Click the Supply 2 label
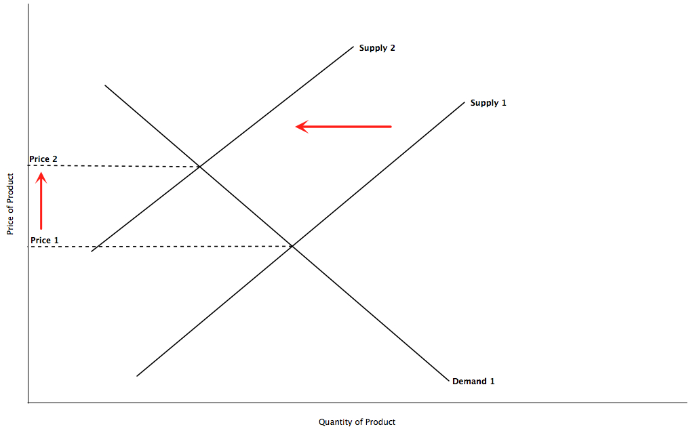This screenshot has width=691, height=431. pos(377,48)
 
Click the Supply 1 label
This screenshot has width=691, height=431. pos(488,104)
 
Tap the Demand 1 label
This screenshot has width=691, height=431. pos(473,382)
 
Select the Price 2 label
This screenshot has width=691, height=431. pos(43,159)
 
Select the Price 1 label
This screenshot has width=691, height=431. pos(45,241)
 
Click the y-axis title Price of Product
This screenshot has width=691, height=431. pos(10,204)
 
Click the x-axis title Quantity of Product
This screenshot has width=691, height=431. pos(357,422)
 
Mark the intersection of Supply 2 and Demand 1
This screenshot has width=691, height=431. pos(199,167)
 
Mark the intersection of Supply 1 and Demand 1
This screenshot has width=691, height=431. pos(292,246)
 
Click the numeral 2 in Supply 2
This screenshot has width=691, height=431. pos(392,48)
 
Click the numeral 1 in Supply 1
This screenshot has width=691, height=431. pos(504,103)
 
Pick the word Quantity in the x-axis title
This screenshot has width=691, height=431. pos(334,422)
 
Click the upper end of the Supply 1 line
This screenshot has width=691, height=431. pos(465,102)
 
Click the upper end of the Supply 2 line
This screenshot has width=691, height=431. pos(353,46)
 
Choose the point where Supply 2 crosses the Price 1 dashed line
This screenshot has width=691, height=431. pos(98,247)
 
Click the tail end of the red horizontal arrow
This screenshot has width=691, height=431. pos(391,127)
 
